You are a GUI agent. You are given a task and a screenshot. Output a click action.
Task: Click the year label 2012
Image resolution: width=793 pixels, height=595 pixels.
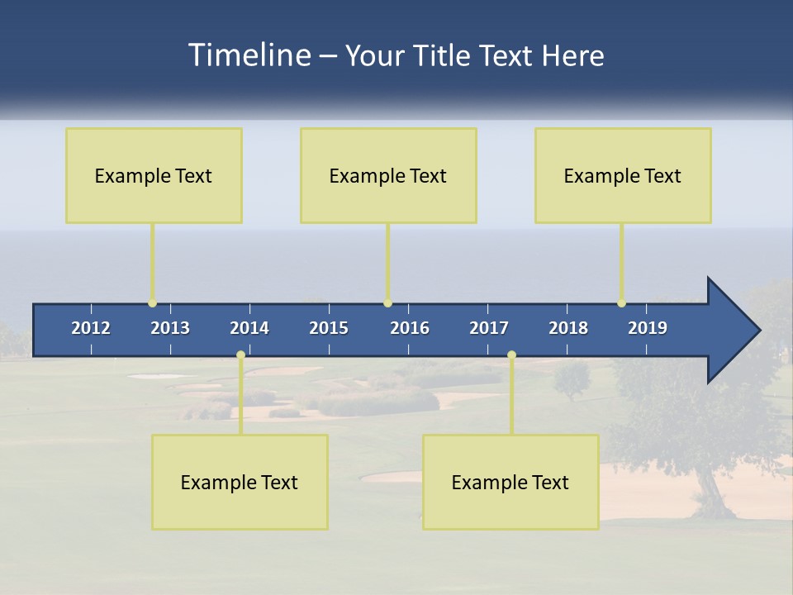click(x=91, y=328)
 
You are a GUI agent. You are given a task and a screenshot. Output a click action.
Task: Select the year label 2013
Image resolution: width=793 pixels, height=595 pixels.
click(x=170, y=328)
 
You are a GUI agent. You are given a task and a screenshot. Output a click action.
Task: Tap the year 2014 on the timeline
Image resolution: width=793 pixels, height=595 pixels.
click(x=249, y=328)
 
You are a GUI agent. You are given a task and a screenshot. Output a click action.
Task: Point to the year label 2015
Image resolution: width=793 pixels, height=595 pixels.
click(x=329, y=328)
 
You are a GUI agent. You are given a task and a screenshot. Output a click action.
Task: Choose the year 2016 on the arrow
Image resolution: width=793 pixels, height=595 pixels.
click(x=410, y=328)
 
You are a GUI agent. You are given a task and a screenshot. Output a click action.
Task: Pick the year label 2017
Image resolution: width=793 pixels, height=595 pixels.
click(x=489, y=328)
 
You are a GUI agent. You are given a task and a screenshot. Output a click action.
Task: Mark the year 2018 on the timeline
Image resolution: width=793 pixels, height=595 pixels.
click(x=568, y=328)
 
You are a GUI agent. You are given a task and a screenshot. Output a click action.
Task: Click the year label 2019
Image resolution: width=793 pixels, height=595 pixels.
click(x=648, y=328)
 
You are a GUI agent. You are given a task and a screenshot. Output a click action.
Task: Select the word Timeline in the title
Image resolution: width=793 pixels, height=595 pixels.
click(x=249, y=55)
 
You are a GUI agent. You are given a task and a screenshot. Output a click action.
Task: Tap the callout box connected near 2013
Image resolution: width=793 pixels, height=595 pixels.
click(x=154, y=175)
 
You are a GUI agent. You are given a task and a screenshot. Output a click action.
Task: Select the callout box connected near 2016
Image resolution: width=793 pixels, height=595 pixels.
click(x=388, y=175)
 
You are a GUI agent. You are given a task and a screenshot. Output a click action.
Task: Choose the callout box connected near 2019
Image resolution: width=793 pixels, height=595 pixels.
click(x=623, y=175)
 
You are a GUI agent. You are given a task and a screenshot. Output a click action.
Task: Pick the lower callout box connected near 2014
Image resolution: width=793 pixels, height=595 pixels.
click(x=240, y=482)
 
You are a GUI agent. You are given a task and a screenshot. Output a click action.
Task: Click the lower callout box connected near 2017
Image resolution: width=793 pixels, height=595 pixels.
click(x=510, y=482)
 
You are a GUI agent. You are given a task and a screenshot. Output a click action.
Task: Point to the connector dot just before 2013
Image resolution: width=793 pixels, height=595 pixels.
click(x=152, y=303)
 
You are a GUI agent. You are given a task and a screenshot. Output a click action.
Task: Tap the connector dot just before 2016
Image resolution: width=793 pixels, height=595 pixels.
click(x=387, y=303)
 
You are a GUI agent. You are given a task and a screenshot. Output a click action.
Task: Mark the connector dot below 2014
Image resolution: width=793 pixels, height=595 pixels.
click(x=240, y=355)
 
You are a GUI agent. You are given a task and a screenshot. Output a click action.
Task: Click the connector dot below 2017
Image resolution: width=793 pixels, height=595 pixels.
click(x=511, y=355)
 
